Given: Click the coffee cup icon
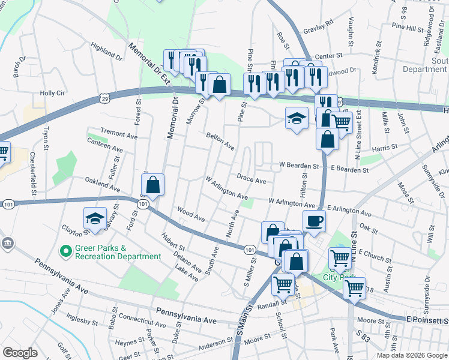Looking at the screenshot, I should coord(315,220).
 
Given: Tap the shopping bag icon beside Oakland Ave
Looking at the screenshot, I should coord(153,185).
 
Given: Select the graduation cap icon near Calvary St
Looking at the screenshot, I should coord(95,220).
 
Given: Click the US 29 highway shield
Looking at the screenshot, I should coord(105,97).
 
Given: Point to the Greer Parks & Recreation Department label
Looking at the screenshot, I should coord(118,252).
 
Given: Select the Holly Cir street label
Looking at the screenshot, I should coord(52,93).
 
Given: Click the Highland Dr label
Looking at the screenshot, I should coord(106,51).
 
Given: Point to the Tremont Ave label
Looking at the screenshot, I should coord(119,133).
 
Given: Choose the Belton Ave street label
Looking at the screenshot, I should coord(220,142).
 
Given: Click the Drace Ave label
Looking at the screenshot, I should coord(251,179).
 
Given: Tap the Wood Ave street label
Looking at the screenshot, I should coord(191,213).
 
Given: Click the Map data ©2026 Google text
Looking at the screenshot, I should coord(411,355).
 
